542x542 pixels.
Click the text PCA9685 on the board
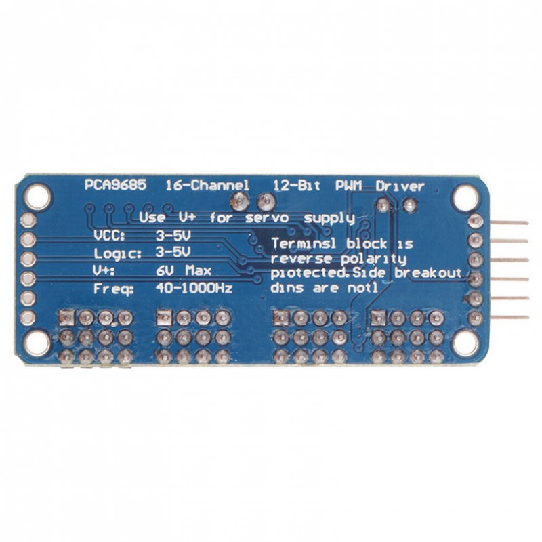point(115,185)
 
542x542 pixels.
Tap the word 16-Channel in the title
point(207,186)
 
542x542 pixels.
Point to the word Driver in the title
point(400,186)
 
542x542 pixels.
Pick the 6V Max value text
point(183,270)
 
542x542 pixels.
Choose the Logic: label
point(117,254)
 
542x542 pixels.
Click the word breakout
point(428,273)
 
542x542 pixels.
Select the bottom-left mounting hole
point(38,343)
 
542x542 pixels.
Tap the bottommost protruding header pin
point(510,317)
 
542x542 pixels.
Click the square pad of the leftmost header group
point(66,317)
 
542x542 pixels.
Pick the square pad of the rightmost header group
point(378,317)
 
